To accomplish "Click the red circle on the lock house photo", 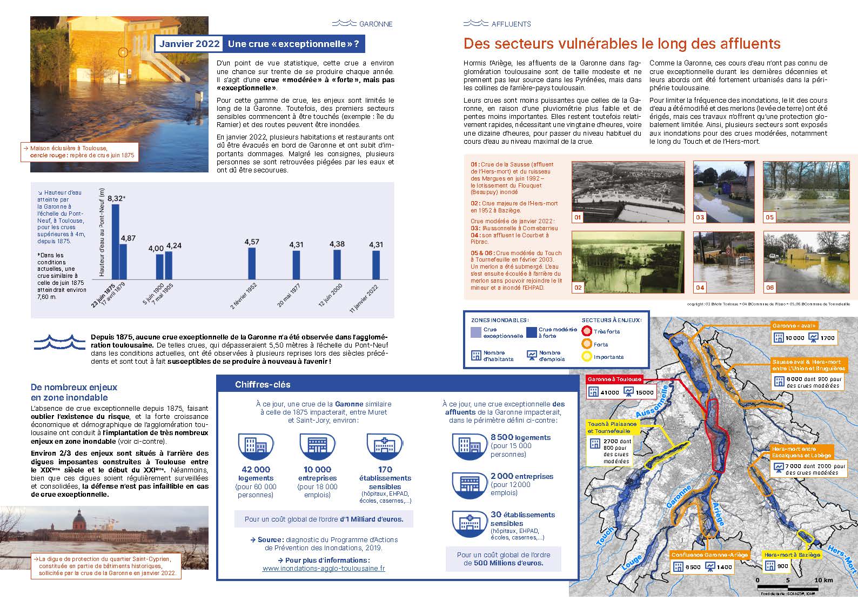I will point(123,52).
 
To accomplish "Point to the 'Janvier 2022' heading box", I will point(189,44).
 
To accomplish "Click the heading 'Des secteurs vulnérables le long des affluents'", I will point(622,44).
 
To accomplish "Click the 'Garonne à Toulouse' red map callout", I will point(614,379).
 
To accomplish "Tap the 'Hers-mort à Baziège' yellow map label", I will point(792,555).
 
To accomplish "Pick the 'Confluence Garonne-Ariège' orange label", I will point(709,555).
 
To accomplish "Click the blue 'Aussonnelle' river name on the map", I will point(655,401).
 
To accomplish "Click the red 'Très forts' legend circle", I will point(587,331).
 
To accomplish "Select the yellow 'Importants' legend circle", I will point(587,357).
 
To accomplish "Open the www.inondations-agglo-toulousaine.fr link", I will point(324,569).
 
